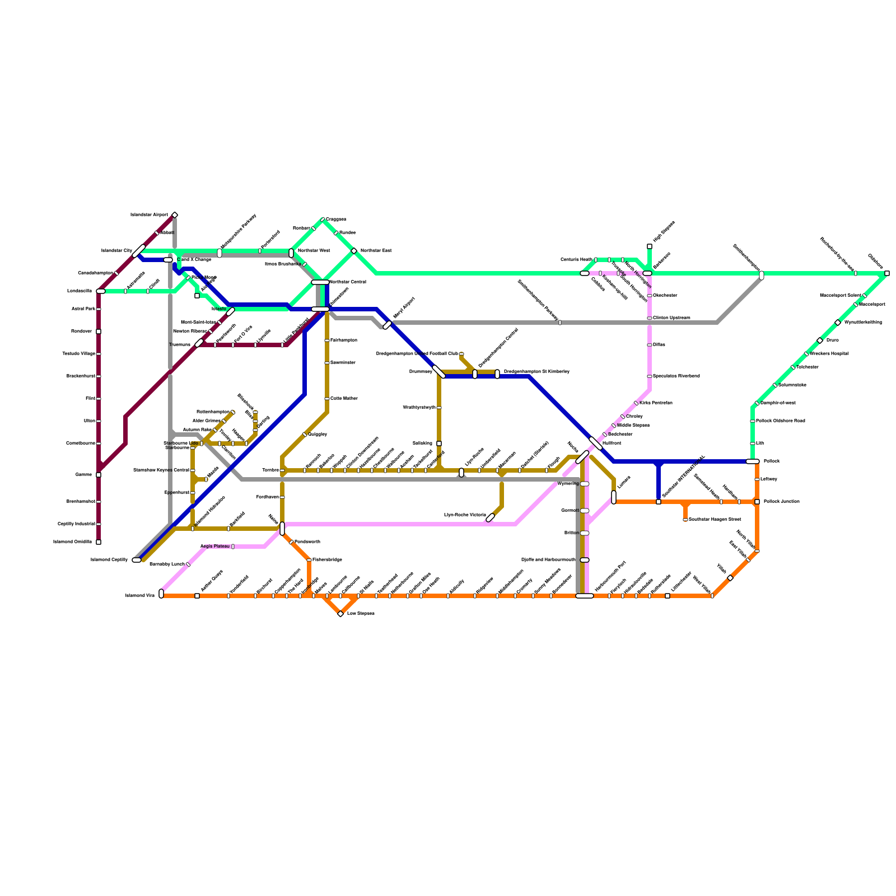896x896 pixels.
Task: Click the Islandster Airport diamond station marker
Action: click(x=175, y=215)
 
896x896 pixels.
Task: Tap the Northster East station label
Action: click(x=375, y=250)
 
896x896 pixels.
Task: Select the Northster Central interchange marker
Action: click(x=320, y=282)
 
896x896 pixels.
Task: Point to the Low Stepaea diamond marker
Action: click(x=340, y=614)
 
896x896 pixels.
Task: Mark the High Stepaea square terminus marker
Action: click(x=650, y=246)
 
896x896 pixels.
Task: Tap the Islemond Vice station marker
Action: click(x=161, y=594)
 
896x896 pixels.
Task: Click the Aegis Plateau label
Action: click(x=214, y=547)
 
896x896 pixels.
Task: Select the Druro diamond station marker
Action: click(x=820, y=340)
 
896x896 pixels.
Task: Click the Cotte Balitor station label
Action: click(x=344, y=399)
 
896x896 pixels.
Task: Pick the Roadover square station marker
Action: click(x=99, y=332)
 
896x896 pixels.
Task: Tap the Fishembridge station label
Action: click(x=327, y=560)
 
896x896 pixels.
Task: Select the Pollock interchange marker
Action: click(x=753, y=461)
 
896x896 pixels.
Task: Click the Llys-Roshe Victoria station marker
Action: click(x=491, y=517)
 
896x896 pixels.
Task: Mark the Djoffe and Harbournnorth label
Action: click(x=548, y=560)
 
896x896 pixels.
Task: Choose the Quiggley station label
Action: click(x=318, y=435)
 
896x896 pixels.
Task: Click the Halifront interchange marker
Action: click(x=596, y=444)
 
